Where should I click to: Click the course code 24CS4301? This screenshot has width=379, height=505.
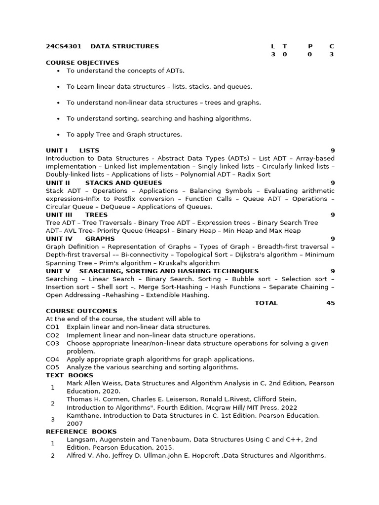(x=62, y=46)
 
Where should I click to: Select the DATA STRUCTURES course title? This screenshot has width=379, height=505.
(x=124, y=46)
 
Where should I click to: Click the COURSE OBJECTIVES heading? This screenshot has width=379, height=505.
(x=82, y=63)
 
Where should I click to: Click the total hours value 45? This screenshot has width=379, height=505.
(x=330, y=303)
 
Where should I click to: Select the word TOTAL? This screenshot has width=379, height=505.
(x=266, y=303)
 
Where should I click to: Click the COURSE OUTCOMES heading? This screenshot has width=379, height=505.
(x=81, y=311)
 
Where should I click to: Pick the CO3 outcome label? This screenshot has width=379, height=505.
(x=52, y=343)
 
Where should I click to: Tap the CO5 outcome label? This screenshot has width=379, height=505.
(x=52, y=367)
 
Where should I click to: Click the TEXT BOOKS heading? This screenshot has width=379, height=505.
(x=70, y=375)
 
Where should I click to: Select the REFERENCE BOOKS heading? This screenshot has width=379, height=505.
(x=81, y=432)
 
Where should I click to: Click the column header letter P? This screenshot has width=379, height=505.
(x=310, y=46)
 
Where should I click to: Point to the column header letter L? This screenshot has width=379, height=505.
(x=273, y=46)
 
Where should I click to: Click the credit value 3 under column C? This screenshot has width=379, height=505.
(x=332, y=54)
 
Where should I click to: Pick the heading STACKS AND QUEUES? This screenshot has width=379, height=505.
(x=123, y=182)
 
